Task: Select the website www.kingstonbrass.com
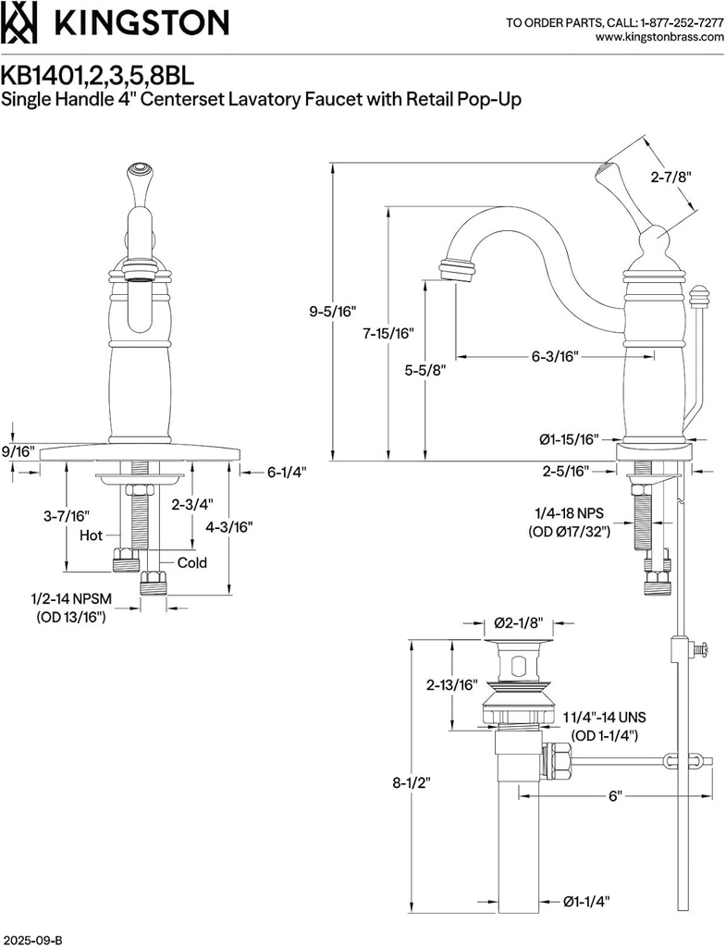pyautogui.click(x=658, y=37)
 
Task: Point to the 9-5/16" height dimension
pyautogui.click(x=334, y=312)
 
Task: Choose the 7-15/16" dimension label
pyautogui.click(x=388, y=333)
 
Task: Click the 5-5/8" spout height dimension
pyautogui.click(x=425, y=370)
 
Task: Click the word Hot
pyautogui.click(x=91, y=535)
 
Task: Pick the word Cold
pyautogui.click(x=192, y=562)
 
